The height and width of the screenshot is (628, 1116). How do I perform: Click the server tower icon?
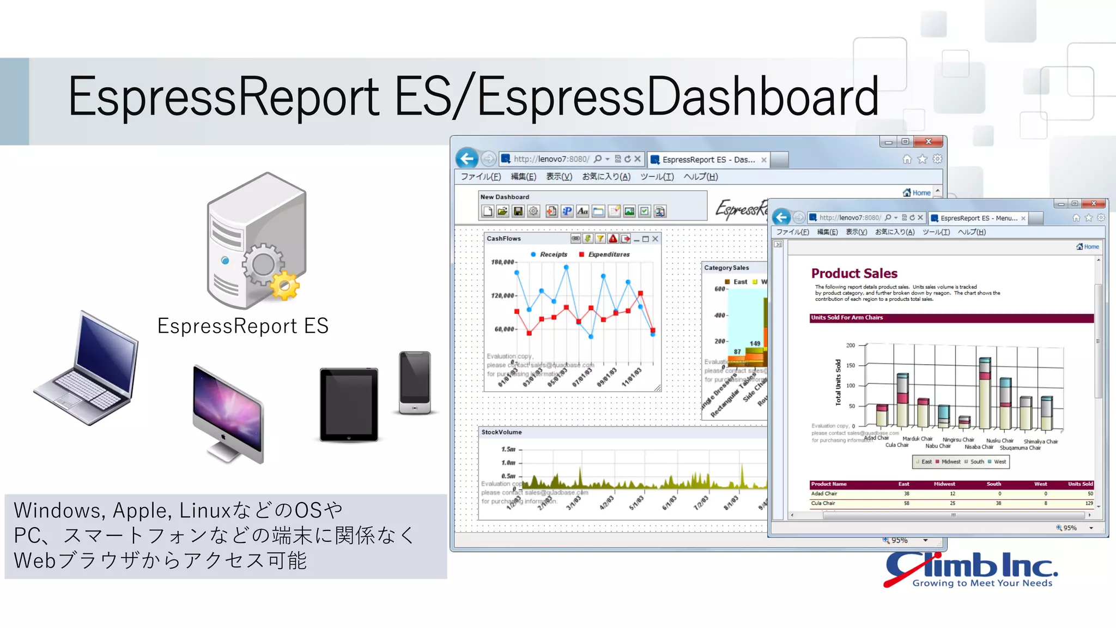pos(256,240)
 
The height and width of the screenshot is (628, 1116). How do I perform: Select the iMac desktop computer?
pos(228,412)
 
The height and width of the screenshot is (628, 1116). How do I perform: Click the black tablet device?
pos(349,404)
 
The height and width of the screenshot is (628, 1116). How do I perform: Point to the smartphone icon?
pos(415,382)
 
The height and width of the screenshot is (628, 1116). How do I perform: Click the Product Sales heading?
pos(854,273)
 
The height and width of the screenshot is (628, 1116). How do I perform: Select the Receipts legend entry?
pos(553,255)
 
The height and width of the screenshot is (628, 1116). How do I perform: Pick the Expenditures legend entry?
pos(608,255)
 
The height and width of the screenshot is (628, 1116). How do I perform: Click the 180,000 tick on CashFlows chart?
pos(502,262)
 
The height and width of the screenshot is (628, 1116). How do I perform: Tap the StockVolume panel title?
pos(501,432)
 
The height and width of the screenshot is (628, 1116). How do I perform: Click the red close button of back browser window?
pos(929,142)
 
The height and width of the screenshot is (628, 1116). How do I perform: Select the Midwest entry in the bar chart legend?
pos(950,462)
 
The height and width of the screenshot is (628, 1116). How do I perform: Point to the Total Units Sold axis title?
pos(838,382)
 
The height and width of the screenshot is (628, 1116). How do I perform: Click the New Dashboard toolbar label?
pos(505,197)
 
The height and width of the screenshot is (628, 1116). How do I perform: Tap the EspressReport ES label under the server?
pos(243,326)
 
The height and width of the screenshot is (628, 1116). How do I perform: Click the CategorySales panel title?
pos(726,268)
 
